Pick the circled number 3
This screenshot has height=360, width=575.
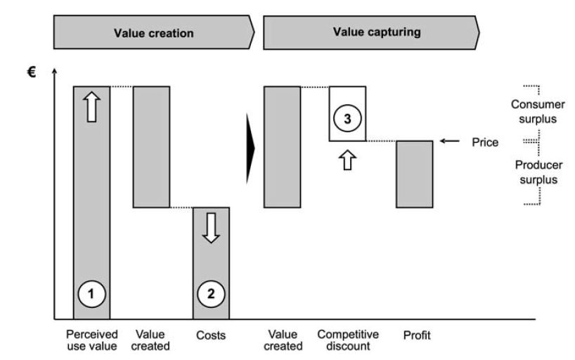point(347,120)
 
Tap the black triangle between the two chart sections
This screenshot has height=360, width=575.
point(250,148)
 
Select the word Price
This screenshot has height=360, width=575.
point(485,142)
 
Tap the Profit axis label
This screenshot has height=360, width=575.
point(416,335)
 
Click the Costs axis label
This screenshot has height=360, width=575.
point(211,335)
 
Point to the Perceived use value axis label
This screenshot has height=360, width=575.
point(91,340)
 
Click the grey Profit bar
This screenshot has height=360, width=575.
point(415,174)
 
